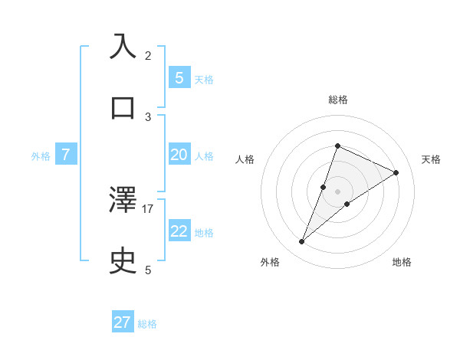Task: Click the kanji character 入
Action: pos(123,47)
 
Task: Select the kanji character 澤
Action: pos(123,201)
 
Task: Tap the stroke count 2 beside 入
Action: pos(148,55)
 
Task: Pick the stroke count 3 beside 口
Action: pos(148,116)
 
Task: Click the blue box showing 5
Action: pos(179,77)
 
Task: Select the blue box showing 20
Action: pos(179,155)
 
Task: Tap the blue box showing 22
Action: pos(179,231)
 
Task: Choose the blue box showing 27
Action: pos(123,322)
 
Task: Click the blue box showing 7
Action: pos(66,155)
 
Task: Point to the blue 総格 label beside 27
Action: pos(147,324)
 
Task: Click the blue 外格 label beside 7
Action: pos(41,156)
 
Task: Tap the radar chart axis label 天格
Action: pos(431,159)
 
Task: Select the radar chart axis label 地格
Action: pos(402,262)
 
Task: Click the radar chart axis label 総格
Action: pos(337,100)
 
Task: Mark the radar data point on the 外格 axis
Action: pos(301,242)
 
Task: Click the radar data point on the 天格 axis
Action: pos(396,172)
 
